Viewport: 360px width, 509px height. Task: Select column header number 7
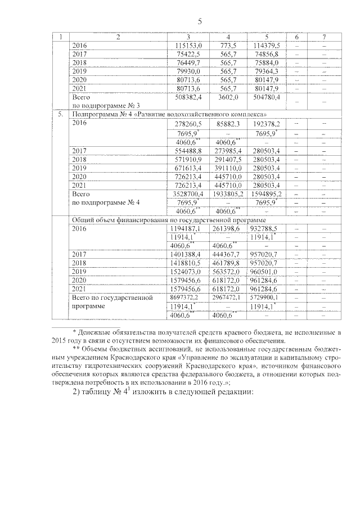click(325, 37)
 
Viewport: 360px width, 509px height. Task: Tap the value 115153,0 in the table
click(184, 45)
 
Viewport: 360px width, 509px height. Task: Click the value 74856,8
click(267, 54)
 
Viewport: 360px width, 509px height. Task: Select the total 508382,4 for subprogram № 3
click(184, 97)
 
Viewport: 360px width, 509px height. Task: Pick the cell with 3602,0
click(228, 97)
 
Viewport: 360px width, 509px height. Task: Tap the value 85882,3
click(228, 123)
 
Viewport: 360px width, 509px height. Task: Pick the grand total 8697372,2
click(184, 297)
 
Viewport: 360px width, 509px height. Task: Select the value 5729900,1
click(267, 297)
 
